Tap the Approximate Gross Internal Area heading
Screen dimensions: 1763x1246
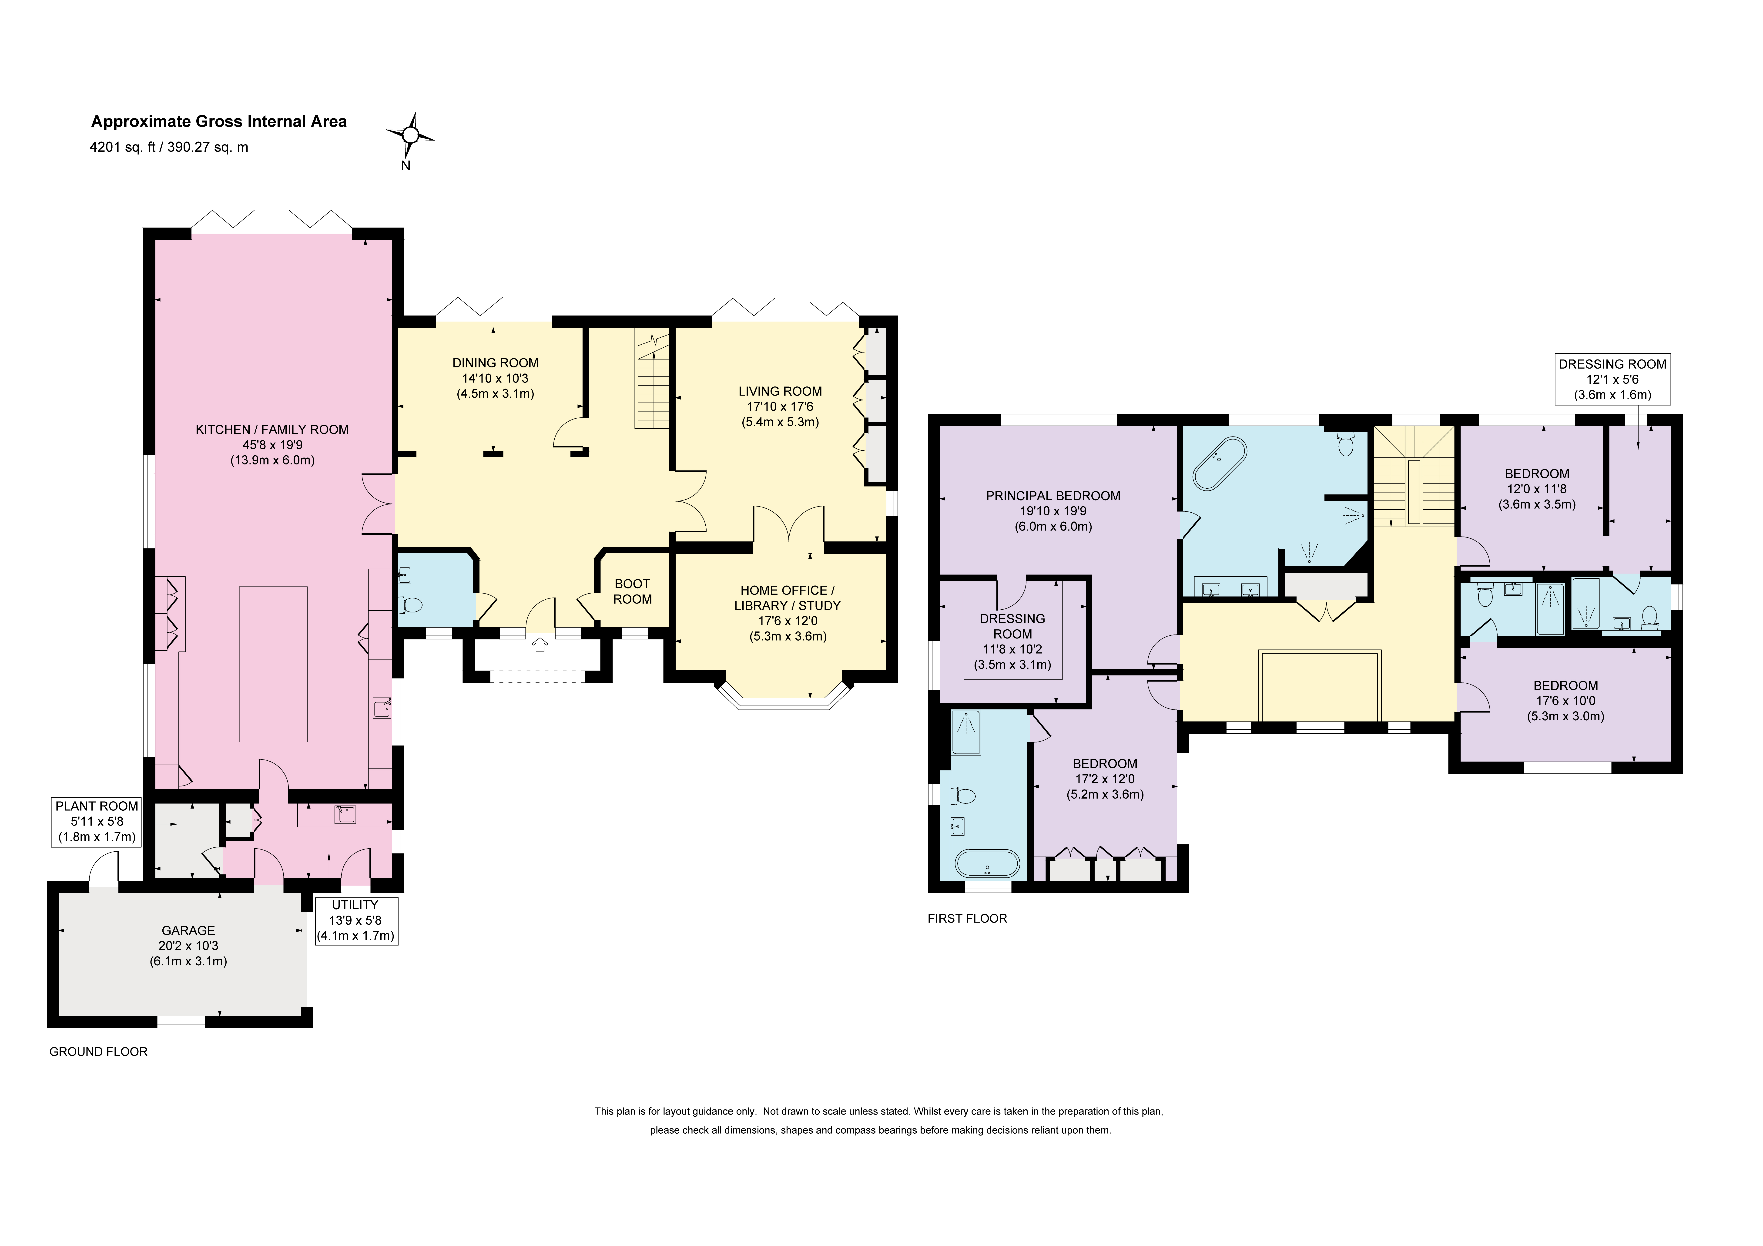tap(219, 121)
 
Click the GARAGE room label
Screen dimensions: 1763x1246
tap(188, 930)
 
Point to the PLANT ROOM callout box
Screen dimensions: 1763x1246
tap(97, 821)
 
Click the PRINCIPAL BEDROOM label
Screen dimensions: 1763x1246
tap(1053, 496)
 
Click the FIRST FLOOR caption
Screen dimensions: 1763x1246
tap(967, 918)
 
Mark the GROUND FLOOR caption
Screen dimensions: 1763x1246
tap(98, 1052)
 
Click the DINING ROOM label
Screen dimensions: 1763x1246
tap(495, 363)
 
